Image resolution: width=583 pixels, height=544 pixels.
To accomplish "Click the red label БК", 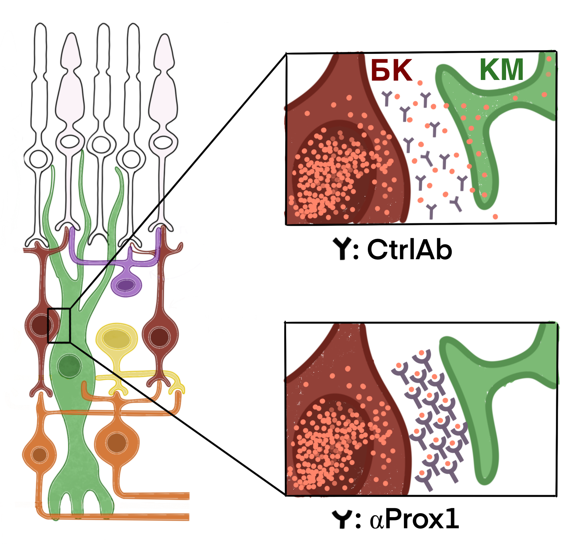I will coord(391,70).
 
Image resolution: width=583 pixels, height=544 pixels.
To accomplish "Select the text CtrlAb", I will coord(409,250).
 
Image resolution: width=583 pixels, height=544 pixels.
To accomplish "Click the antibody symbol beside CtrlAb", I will coord(342,249).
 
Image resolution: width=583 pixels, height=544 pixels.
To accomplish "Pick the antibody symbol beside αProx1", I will coord(342,519).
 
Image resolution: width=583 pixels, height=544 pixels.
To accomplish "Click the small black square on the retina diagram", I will coord(59,325).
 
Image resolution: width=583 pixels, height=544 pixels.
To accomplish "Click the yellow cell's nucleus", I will coord(116,339).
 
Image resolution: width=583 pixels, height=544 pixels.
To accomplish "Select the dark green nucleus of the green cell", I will coord(69,366).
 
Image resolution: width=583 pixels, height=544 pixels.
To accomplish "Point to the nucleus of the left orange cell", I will coord(40,455).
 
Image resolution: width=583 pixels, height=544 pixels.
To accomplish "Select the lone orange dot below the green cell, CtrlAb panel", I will coord(495,217).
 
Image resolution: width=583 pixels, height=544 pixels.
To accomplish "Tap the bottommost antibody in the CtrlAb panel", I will coord(431,211).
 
